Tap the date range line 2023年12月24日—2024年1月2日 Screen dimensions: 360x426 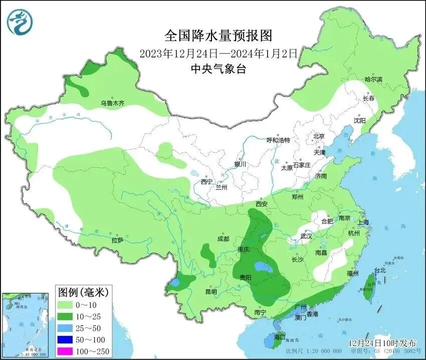pyautogui.click(x=219, y=53)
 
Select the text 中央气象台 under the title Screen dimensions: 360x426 pyautogui.click(x=219, y=69)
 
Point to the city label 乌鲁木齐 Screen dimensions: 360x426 pyautogui.click(x=112, y=104)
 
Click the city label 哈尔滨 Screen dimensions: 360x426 pyautogui.click(x=373, y=80)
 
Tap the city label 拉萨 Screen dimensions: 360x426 pyautogui.click(x=117, y=240)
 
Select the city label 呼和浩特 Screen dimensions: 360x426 pyautogui.click(x=278, y=140)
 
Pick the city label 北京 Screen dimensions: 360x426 pyautogui.click(x=319, y=136)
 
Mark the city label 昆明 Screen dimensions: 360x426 pyautogui.click(x=211, y=291)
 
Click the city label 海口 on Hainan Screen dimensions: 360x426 pyautogui.click(x=279, y=337)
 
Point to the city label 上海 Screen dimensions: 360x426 pyautogui.click(x=363, y=222)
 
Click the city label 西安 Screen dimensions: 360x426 pyautogui.click(x=262, y=204)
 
